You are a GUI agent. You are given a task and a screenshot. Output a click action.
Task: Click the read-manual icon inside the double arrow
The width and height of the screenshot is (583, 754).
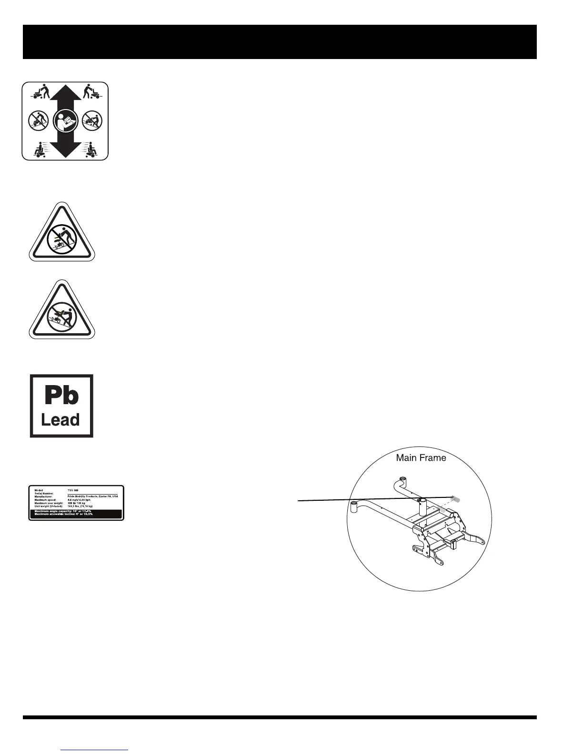click(65, 120)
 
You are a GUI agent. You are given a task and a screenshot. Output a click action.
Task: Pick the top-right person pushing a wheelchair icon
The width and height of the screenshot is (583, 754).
click(90, 91)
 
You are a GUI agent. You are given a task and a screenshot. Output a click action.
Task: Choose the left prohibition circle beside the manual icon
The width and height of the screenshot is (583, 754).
click(38, 120)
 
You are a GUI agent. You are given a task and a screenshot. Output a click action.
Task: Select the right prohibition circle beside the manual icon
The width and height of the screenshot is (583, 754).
click(91, 120)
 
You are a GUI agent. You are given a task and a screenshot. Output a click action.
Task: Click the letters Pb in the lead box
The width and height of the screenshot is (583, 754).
click(61, 396)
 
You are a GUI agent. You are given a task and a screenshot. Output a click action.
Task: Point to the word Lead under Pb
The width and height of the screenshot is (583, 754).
click(60, 420)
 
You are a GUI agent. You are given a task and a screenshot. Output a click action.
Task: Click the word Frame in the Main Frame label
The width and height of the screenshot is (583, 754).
click(432, 458)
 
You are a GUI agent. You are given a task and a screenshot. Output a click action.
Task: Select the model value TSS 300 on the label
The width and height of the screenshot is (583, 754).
click(73, 490)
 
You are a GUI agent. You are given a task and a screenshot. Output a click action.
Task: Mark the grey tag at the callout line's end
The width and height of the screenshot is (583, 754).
click(456, 499)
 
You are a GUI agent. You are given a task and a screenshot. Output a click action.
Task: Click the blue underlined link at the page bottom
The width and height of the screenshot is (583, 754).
click(95, 750)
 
